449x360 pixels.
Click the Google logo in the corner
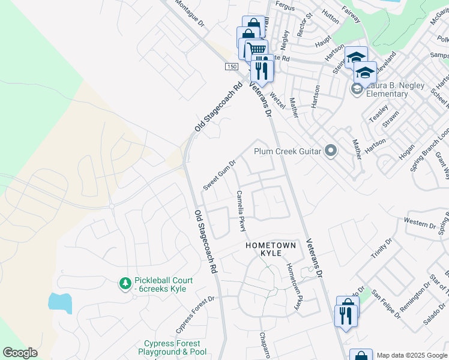coord(20,353)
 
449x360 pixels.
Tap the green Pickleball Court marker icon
coord(125,283)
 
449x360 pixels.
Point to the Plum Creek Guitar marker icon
coord(330,151)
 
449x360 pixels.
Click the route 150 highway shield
coord(232,66)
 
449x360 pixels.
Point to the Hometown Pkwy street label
coord(292,287)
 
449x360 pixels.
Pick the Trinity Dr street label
coord(381,248)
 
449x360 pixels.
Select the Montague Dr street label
coord(190,13)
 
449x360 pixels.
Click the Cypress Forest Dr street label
coord(195,315)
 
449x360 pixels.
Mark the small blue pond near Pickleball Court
coord(60,302)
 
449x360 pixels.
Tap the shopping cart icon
coord(256,49)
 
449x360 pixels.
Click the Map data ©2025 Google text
coord(412,355)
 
